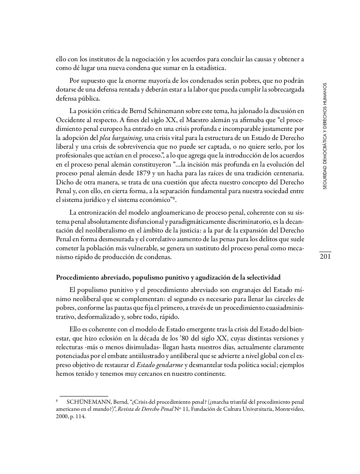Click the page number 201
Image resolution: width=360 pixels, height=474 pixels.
tap(325, 257)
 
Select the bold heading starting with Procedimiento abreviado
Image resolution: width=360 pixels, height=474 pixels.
tap(168, 278)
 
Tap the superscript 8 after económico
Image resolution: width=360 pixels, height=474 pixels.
tap(174, 198)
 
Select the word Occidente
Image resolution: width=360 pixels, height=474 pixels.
tap(69, 120)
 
